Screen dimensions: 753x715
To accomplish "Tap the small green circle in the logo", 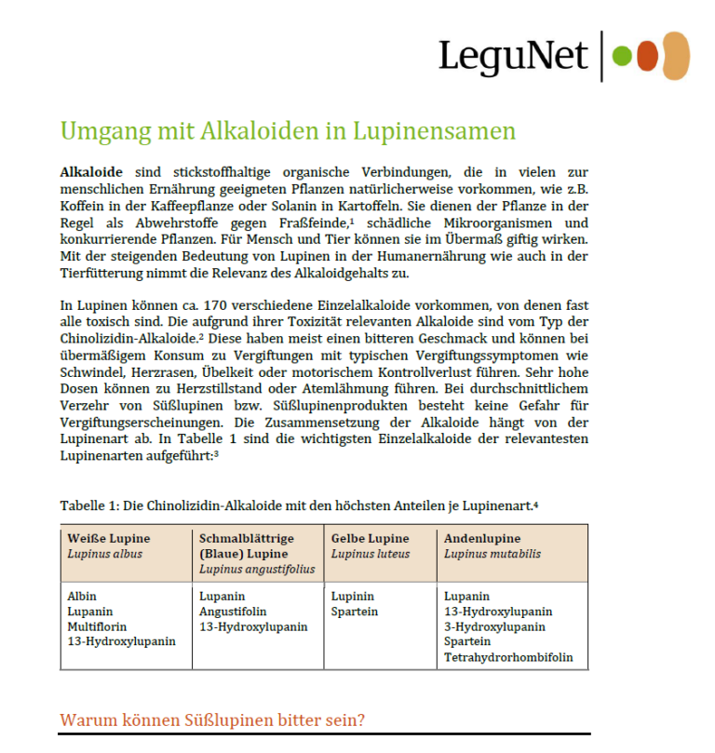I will click(621, 57).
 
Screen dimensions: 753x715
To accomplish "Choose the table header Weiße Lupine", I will click(109, 538).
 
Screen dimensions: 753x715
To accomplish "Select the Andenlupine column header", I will click(482, 538).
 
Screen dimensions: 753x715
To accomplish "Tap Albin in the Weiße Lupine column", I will click(82, 596).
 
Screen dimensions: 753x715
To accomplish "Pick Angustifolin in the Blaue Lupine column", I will click(233, 612).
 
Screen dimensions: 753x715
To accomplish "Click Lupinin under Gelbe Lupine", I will click(353, 596).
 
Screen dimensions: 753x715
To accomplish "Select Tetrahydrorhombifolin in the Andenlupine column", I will click(508, 657).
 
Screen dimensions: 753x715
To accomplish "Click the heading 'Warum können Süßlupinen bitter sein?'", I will click(211, 719).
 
